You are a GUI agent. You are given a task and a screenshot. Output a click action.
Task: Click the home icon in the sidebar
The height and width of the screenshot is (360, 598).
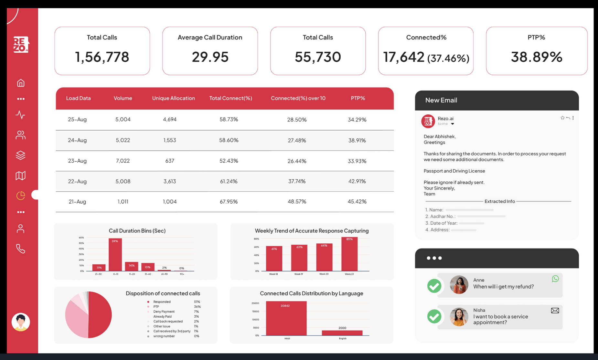coord(21,83)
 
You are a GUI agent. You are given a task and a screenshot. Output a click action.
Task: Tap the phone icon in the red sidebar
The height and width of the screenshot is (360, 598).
coord(21,249)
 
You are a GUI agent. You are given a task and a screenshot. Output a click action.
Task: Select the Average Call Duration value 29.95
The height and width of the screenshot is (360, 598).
coord(210,57)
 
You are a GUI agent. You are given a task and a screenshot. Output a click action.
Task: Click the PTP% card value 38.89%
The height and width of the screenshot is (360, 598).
coord(536,57)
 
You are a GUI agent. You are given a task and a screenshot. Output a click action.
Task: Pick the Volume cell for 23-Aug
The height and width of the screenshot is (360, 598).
coord(123,161)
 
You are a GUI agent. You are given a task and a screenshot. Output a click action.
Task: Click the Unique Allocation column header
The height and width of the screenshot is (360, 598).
coord(173,98)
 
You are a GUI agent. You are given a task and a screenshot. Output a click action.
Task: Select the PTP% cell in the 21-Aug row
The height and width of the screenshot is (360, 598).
coord(357,202)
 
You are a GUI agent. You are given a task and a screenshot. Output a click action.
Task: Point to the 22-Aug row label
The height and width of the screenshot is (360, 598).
coord(77,181)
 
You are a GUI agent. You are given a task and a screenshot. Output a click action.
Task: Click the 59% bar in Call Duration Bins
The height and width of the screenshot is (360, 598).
coord(115,255)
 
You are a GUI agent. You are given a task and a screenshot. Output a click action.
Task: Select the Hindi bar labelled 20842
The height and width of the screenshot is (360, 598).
coord(286,319)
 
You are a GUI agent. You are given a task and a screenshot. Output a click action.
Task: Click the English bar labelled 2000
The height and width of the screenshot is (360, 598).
coord(342,333)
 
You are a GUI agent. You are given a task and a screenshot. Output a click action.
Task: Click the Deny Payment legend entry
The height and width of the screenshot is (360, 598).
coord(164,312)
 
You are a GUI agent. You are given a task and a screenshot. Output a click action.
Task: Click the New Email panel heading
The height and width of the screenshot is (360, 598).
coord(441,100)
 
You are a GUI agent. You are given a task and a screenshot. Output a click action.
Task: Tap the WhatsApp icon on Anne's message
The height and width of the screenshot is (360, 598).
coord(555,279)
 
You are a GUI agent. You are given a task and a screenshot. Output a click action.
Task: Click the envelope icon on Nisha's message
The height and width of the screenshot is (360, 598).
coord(555,311)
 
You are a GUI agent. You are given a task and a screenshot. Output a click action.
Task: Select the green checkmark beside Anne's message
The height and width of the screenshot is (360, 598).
coord(434,286)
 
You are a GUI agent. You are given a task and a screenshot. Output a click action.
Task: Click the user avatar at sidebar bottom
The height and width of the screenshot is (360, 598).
coord(21,322)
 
